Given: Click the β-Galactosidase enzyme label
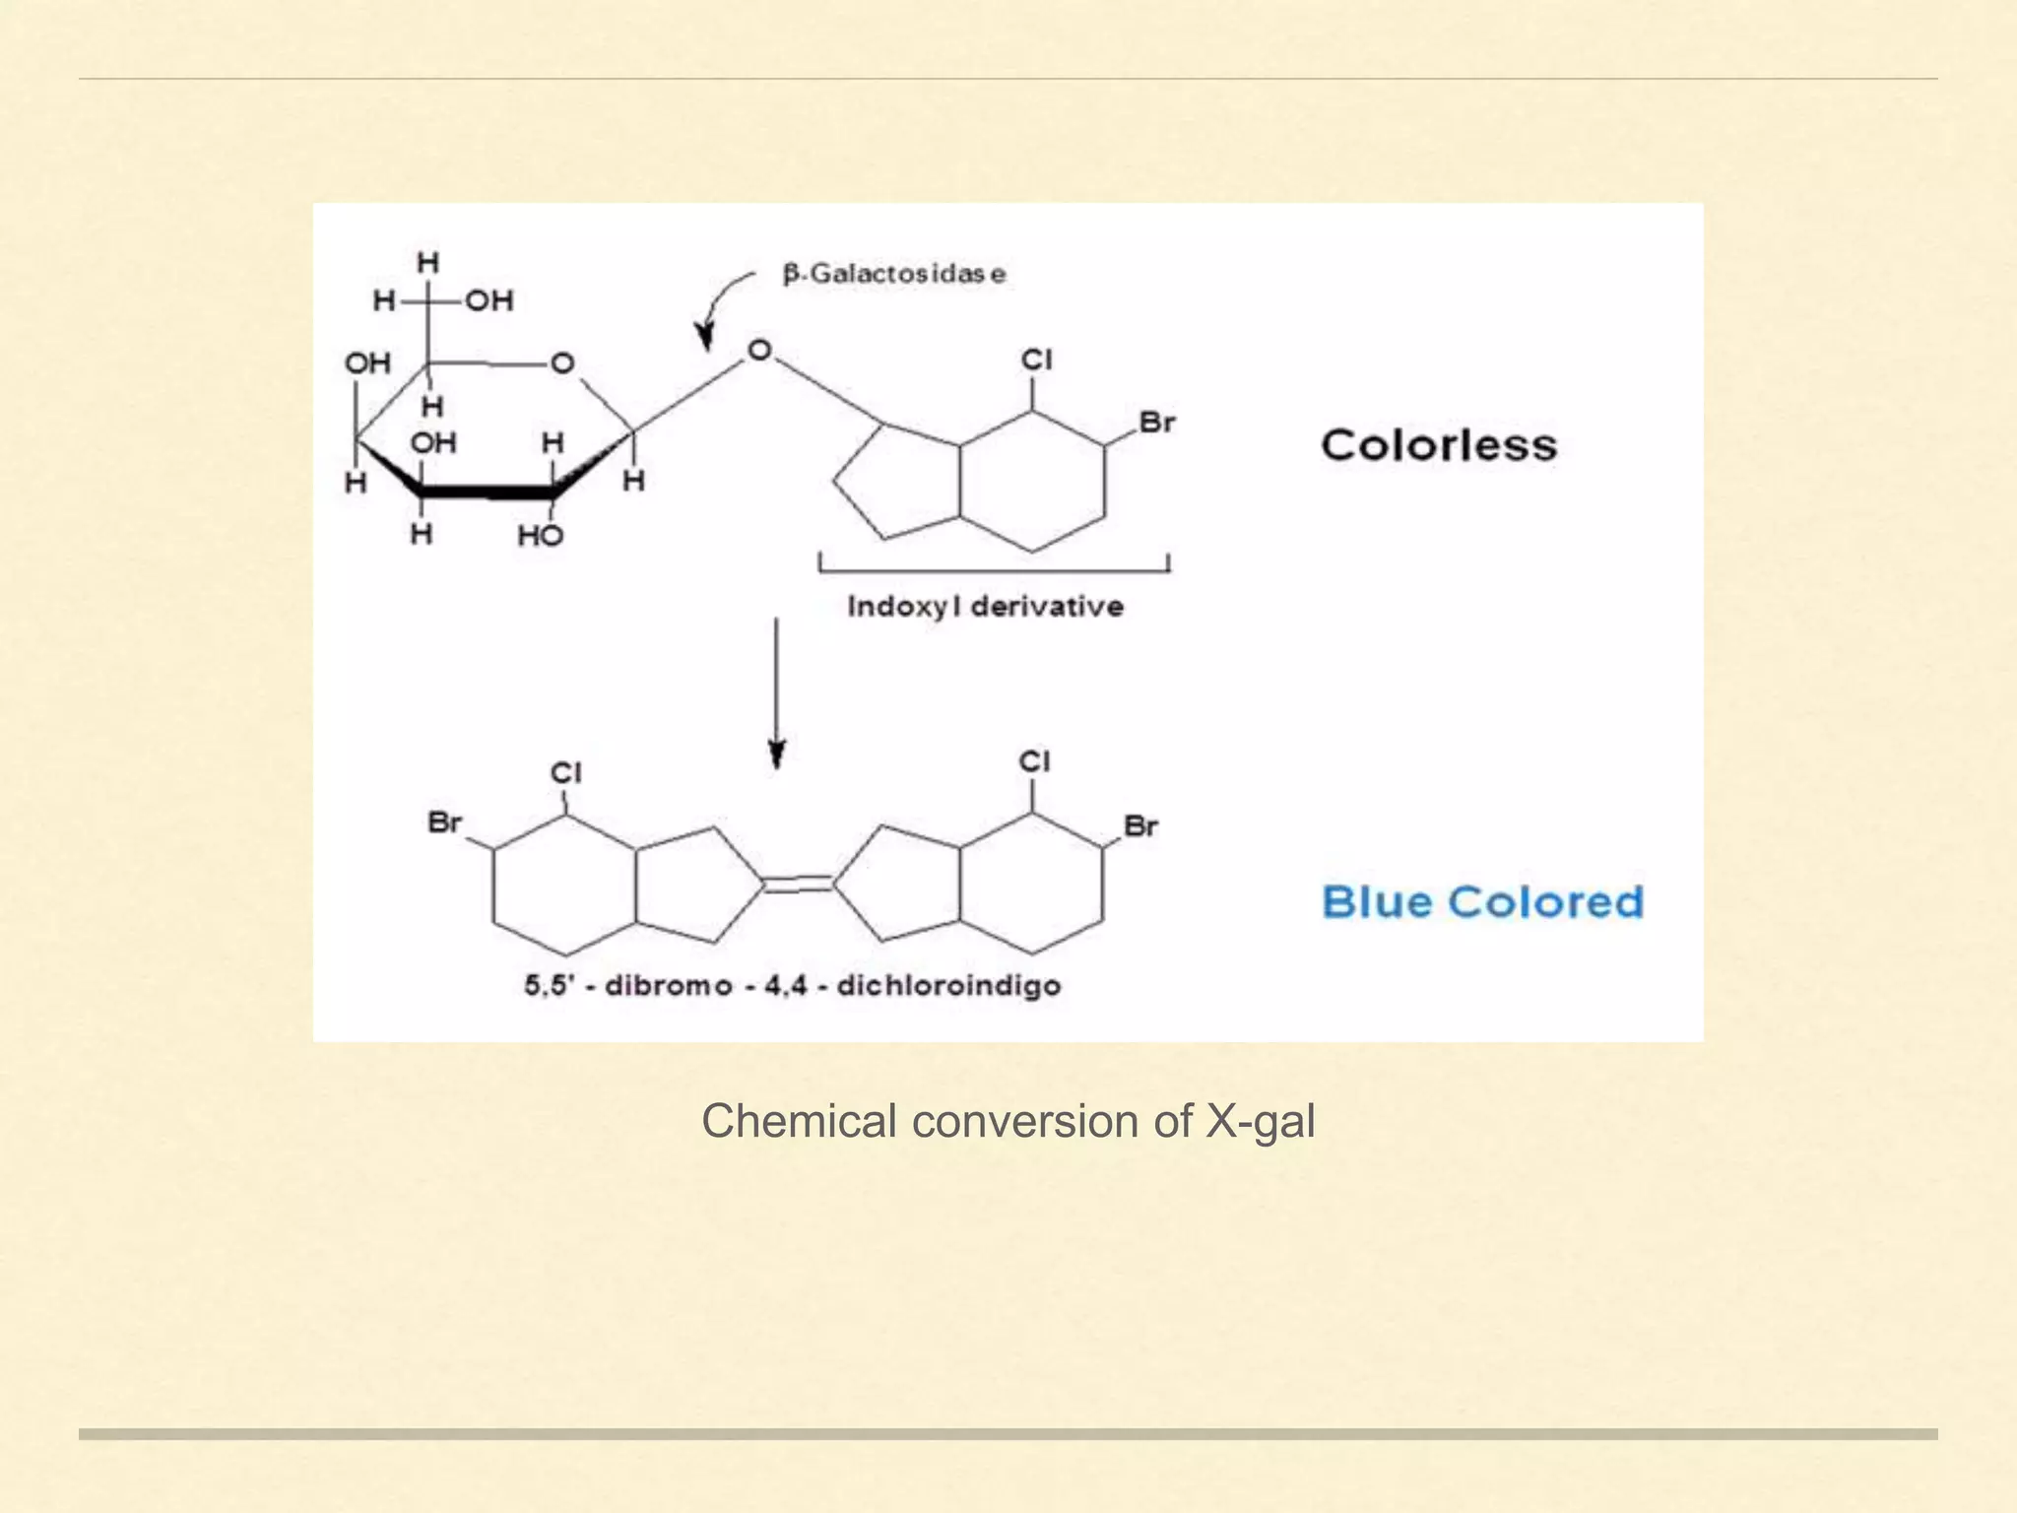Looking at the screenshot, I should tap(894, 274).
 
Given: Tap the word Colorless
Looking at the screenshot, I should tap(1439, 445).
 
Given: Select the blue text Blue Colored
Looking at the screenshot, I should tap(1482, 902).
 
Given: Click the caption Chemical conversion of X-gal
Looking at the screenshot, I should tap(1008, 1121).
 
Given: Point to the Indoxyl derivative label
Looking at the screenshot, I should tap(985, 606).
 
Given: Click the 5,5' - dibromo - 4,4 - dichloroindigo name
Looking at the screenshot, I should tap(793, 986).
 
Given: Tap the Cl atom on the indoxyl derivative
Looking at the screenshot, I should tap(1036, 361).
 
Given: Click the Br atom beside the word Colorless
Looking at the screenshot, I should tap(1157, 423).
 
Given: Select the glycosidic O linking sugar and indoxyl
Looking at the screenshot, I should tap(759, 351).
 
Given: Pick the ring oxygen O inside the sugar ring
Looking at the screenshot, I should tap(562, 363).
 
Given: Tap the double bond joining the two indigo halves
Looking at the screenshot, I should tap(799, 884).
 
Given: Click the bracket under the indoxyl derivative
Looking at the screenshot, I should tap(994, 566).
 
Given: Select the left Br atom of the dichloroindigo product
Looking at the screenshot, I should tap(445, 822).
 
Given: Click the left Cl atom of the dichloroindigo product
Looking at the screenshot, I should tap(566, 773).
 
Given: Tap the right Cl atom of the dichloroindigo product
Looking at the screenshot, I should tap(1034, 761).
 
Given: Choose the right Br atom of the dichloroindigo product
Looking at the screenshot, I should tap(1140, 825).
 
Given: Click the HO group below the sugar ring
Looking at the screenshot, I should tap(540, 536).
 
